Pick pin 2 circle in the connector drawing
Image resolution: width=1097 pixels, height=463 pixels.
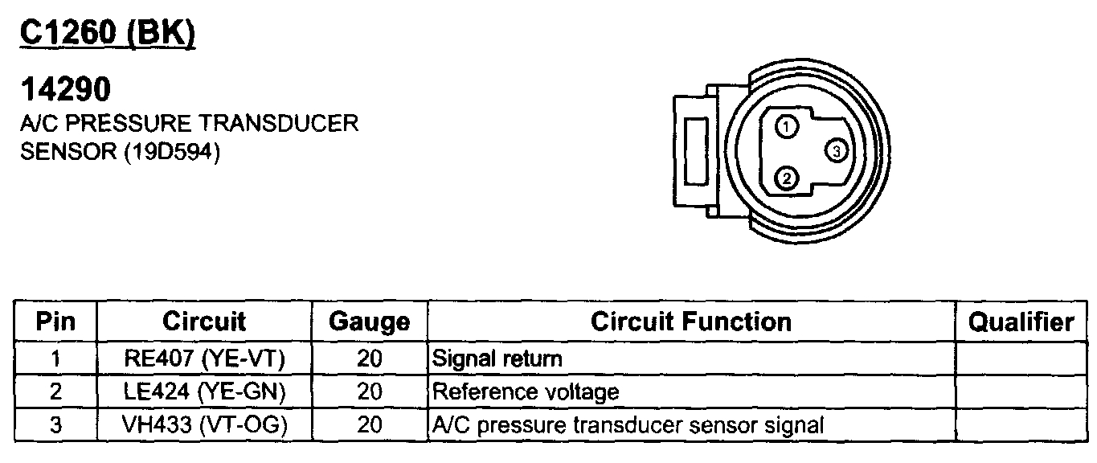(788, 178)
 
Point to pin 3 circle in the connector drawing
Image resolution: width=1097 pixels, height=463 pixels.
(836, 151)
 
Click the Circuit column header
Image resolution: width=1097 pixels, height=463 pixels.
(204, 322)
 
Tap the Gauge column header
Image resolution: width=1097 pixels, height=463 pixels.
(369, 322)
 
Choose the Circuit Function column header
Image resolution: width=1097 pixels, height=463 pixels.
(690, 322)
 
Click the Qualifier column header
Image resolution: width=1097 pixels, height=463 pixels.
(1021, 322)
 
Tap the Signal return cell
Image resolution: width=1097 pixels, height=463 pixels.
(497, 359)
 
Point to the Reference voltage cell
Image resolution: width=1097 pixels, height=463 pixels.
(526, 392)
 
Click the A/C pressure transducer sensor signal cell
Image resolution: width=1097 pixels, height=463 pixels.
(628, 425)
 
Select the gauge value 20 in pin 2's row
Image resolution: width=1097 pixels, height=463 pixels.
(369, 392)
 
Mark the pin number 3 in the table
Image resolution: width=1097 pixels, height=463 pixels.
(55, 425)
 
